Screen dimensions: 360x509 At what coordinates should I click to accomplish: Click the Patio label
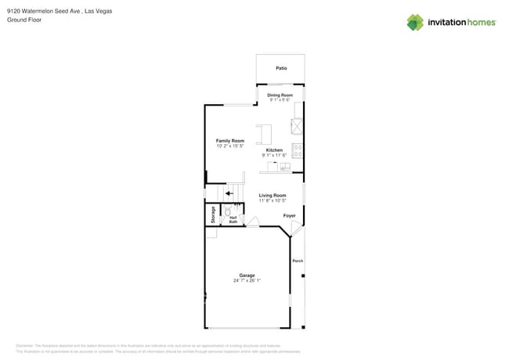[x=280, y=68]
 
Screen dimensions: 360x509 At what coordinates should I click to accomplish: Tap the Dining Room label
[x=280, y=95]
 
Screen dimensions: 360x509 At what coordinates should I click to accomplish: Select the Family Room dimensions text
[x=230, y=146]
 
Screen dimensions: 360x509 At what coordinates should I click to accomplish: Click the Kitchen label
[x=274, y=149]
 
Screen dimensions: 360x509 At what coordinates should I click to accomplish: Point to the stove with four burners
[x=298, y=150]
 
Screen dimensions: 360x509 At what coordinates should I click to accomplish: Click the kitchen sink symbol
[x=284, y=167]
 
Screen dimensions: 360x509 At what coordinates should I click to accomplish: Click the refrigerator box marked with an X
[x=298, y=126]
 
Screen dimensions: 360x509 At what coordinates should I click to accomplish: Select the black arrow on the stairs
[x=229, y=193]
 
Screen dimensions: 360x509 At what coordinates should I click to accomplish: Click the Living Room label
[x=273, y=196]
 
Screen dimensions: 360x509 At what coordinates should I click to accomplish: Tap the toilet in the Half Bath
[x=227, y=211]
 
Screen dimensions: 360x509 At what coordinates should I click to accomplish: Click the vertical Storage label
[x=212, y=214]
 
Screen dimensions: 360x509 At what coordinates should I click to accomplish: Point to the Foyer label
[x=289, y=215]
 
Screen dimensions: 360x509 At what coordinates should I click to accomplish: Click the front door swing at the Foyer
[x=294, y=229]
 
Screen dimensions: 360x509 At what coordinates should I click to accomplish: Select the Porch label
[x=297, y=261]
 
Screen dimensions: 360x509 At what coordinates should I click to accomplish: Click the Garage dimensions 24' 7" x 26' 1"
[x=247, y=280]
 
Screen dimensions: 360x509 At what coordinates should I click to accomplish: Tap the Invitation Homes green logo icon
[x=414, y=23]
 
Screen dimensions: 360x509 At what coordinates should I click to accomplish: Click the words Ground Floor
[x=24, y=20]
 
